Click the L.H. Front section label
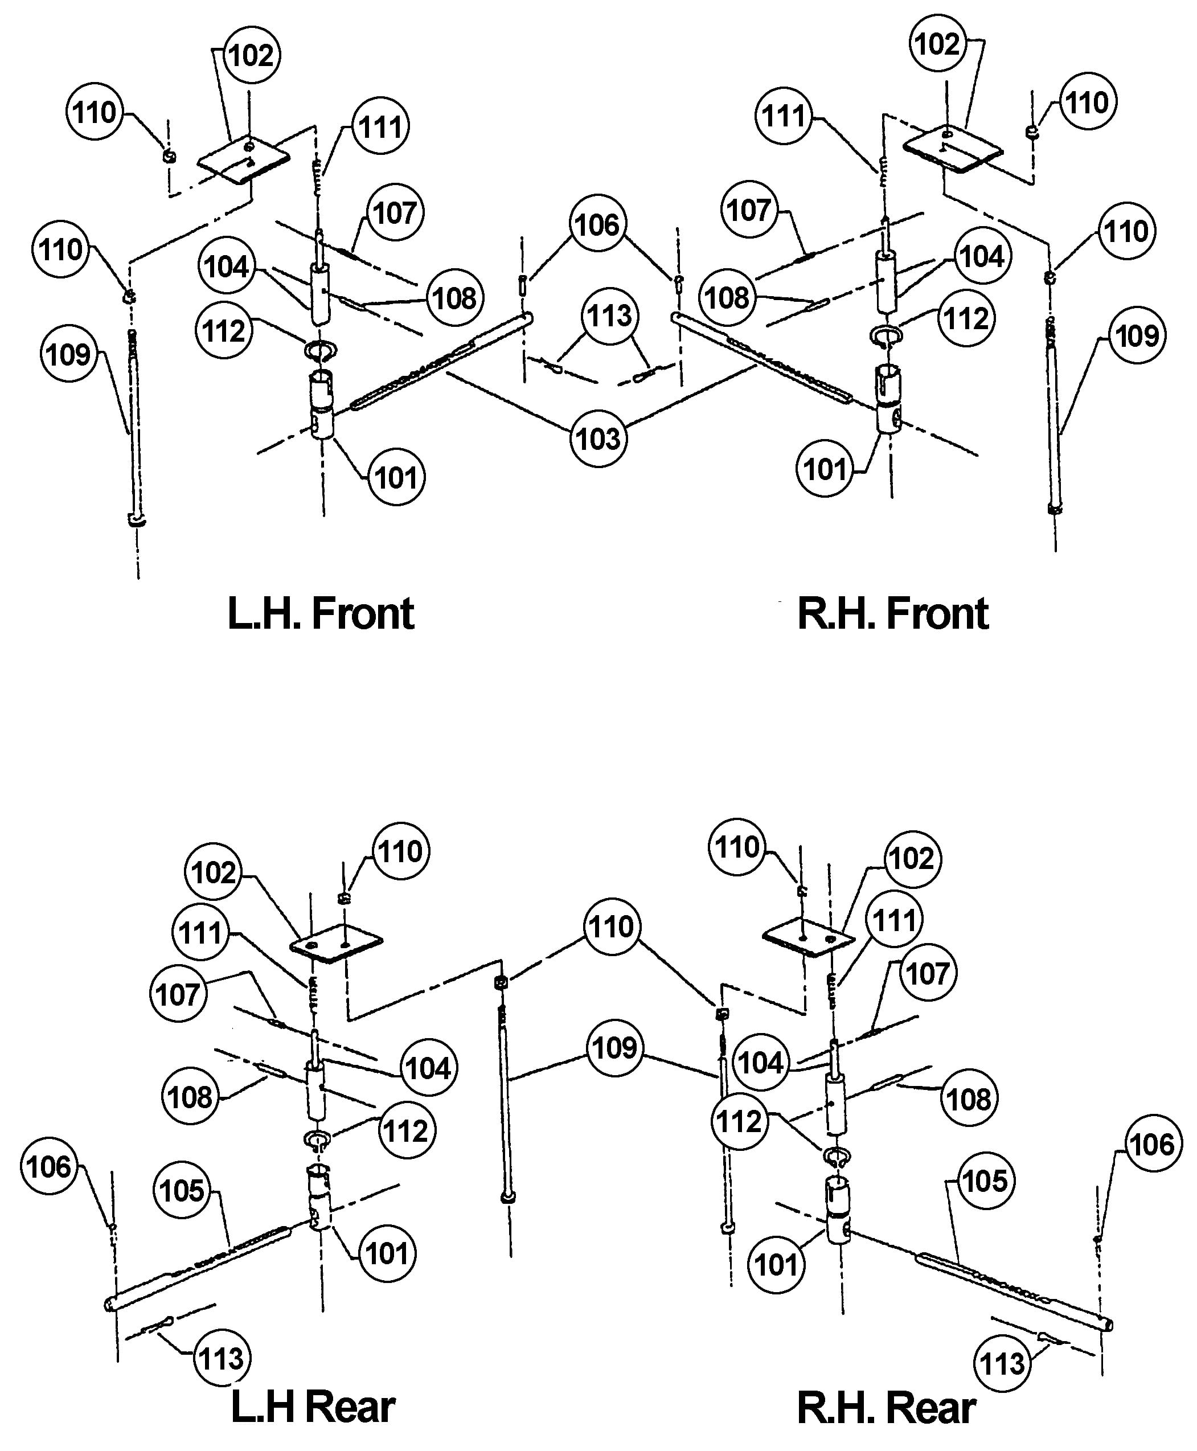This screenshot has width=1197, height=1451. pos(321,614)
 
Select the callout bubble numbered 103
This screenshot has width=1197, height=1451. pos(598,438)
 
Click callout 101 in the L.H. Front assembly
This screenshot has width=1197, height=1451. pos(396,477)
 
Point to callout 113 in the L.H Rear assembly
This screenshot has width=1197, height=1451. pos(222,1358)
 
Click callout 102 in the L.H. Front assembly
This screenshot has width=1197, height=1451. pos(251,55)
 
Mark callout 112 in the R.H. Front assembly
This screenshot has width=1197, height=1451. pos(966,318)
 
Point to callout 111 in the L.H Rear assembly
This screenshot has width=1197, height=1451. pos(200,933)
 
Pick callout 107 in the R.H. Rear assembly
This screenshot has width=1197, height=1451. pos(928,974)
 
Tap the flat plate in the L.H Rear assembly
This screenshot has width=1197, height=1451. pos(337,945)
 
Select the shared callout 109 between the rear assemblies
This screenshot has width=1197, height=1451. pos(614,1048)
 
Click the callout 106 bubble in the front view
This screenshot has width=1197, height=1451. pos(598,224)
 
